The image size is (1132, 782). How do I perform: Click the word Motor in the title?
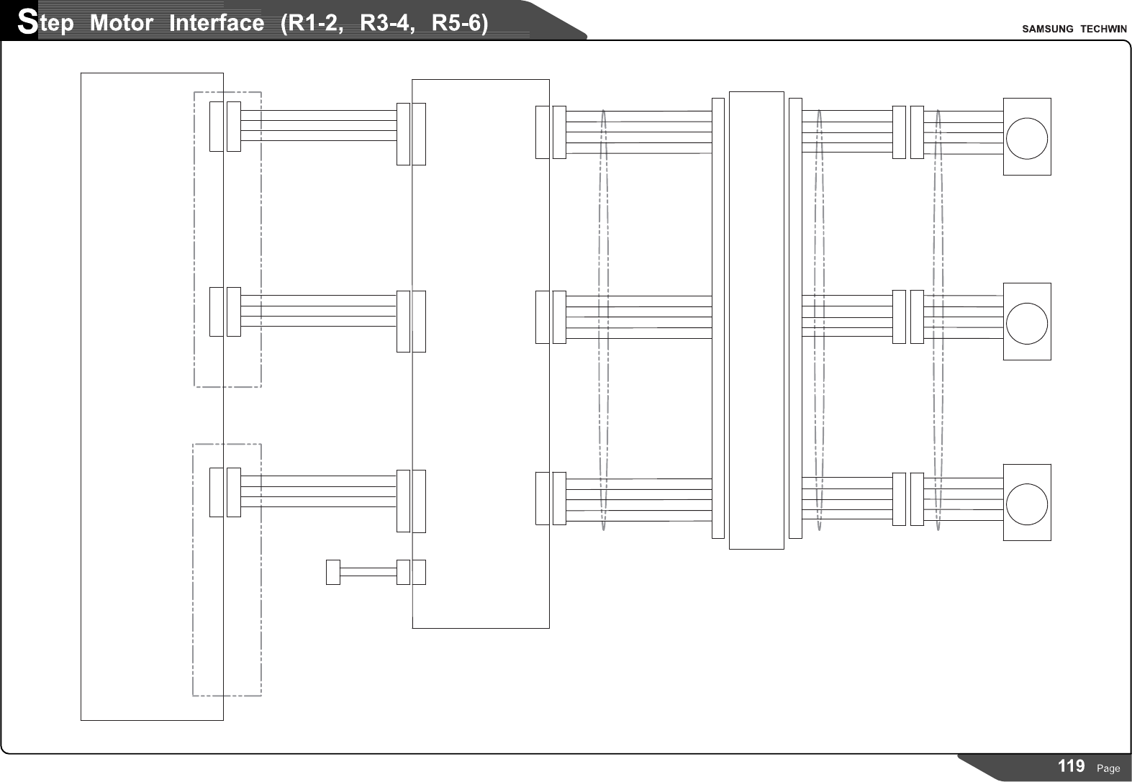[x=122, y=24]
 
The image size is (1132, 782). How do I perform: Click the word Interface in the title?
[x=216, y=24]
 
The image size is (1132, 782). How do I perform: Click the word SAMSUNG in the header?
[x=1047, y=29]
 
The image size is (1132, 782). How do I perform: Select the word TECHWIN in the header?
[x=1103, y=29]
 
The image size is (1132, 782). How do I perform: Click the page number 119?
[x=1072, y=766]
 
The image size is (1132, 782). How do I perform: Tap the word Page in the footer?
[x=1108, y=768]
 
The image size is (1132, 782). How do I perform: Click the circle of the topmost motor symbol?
[x=1027, y=137]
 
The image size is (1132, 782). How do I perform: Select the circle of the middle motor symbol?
[x=1027, y=322]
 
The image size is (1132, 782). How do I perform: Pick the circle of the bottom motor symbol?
[x=1027, y=503]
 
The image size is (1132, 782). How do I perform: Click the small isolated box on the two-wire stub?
[x=332, y=572]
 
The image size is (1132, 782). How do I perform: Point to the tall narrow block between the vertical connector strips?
[x=756, y=320]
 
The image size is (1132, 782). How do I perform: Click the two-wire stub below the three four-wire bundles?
[x=368, y=572]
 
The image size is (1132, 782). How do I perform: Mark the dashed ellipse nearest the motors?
[x=938, y=320]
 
